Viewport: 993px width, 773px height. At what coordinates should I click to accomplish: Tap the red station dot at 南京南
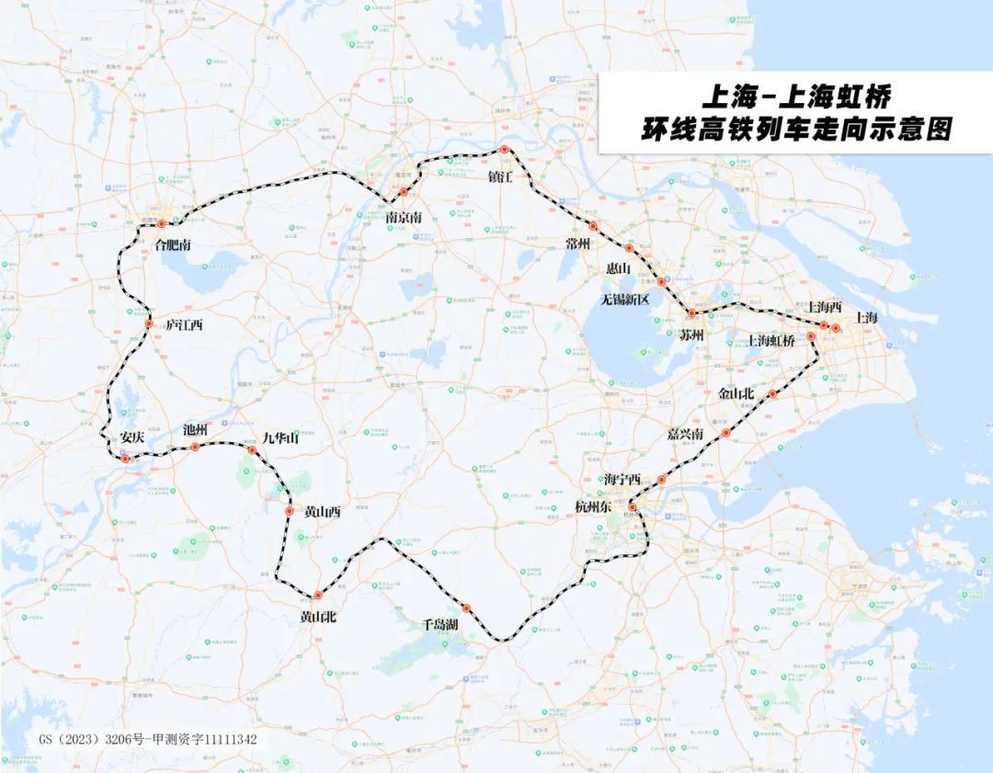point(404,191)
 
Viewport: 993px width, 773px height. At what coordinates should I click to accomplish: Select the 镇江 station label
point(501,176)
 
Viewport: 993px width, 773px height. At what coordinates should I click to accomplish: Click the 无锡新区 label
point(625,300)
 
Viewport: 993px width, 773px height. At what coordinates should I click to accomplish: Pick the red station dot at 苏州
point(691,313)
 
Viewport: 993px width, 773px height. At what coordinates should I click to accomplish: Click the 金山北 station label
point(736,393)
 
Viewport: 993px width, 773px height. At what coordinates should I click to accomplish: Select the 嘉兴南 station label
point(687,434)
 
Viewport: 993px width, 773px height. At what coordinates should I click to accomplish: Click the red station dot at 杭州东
point(633,506)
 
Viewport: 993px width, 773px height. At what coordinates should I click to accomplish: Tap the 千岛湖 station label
point(440,624)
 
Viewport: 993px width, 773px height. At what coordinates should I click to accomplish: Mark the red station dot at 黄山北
point(318,596)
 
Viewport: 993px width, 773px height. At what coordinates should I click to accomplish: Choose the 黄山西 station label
point(322,513)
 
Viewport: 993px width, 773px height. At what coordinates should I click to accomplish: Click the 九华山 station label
point(280,438)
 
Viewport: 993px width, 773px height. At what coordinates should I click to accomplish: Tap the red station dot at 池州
point(195,447)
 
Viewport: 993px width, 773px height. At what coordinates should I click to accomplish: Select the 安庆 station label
point(132,438)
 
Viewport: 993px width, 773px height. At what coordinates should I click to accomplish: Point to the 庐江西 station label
point(184,325)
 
